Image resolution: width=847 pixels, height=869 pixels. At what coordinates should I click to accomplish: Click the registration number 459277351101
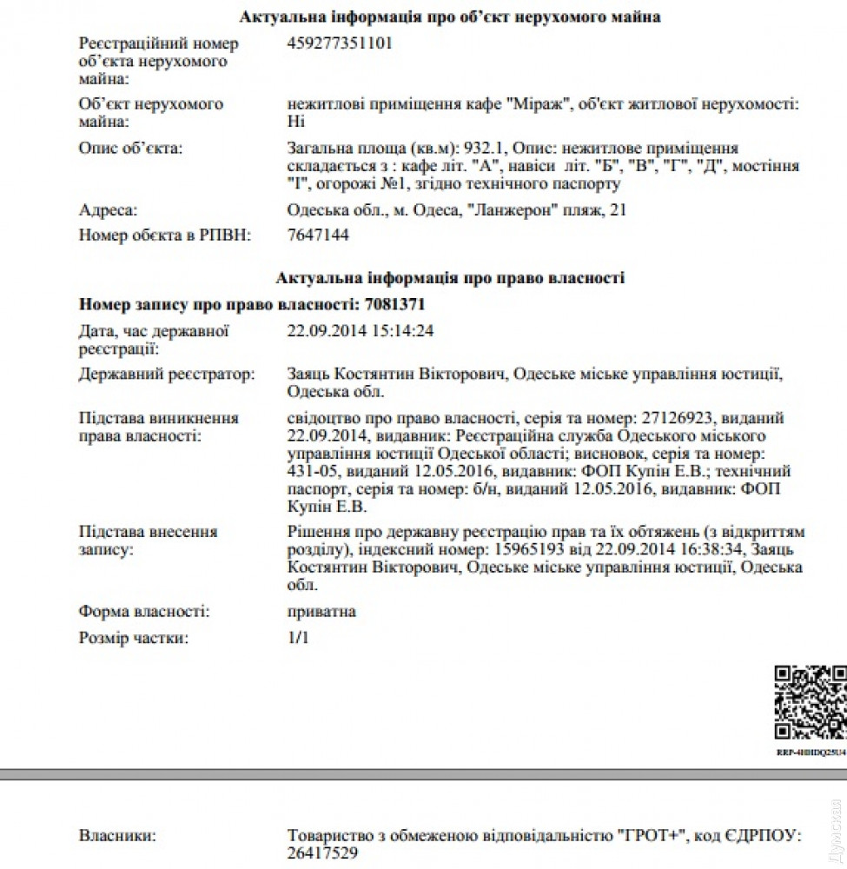(339, 43)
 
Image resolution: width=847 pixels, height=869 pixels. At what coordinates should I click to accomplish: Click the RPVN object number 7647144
(318, 235)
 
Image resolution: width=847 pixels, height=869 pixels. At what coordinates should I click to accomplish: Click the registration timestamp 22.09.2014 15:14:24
(360, 330)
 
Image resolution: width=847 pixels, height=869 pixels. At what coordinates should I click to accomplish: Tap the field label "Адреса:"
(109, 210)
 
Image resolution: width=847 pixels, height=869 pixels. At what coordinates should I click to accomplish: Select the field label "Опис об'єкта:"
(130, 149)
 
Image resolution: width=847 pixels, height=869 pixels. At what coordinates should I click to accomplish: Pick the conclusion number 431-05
(313, 472)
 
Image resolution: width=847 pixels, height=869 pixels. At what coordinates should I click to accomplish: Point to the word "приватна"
(321, 612)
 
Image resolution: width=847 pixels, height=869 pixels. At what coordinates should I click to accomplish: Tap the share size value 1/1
(298, 639)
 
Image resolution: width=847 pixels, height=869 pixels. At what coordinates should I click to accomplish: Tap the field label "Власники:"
(117, 837)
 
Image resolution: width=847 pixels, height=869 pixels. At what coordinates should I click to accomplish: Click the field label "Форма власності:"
(143, 612)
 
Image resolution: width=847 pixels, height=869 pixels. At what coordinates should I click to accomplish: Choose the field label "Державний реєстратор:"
(167, 375)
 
